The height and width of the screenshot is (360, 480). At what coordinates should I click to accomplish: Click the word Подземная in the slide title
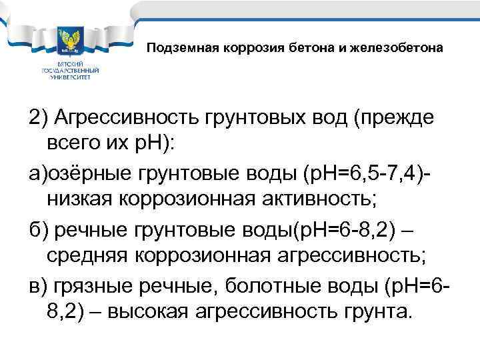[175, 48]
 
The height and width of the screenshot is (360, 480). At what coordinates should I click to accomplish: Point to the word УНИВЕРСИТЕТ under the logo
[71, 77]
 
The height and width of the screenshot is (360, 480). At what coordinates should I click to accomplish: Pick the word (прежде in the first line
[394, 119]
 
